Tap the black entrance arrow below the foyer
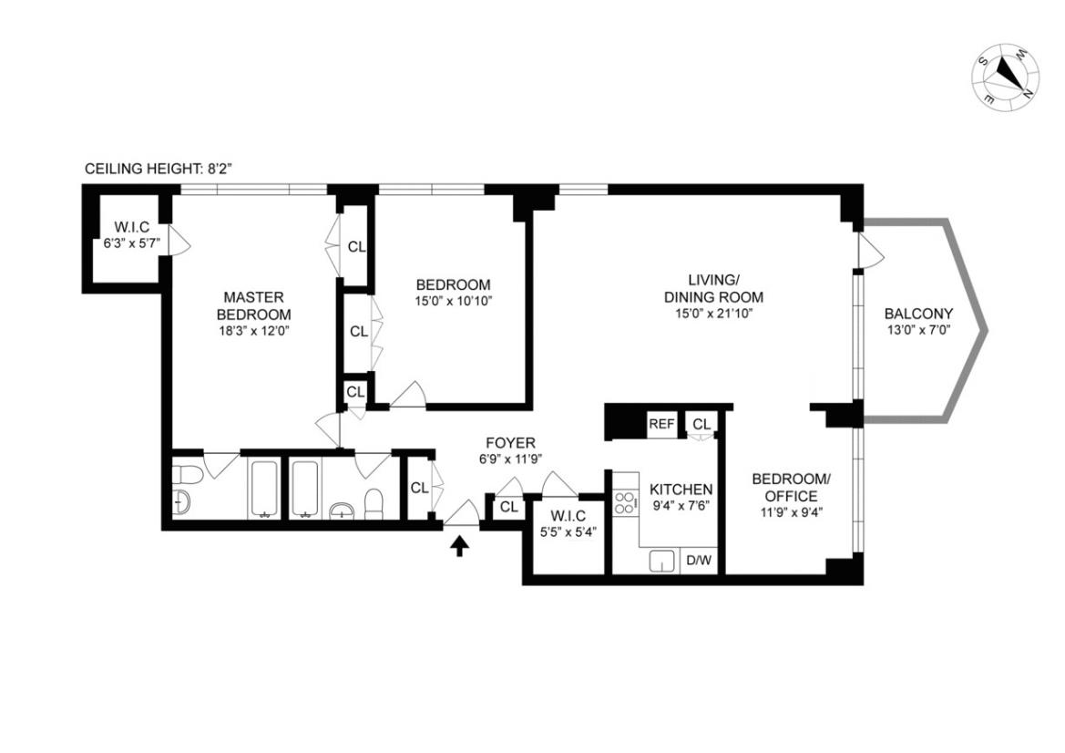click(x=460, y=544)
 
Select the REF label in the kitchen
click(x=661, y=424)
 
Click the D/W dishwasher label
click(x=699, y=560)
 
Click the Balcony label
click(x=918, y=314)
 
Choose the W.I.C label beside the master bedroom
click(x=132, y=228)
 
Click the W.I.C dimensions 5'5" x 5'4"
click(x=568, y=532)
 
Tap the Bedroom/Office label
click(x=792, y=488)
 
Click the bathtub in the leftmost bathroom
click(x=263, y=489)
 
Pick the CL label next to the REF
click(x=701, y=424)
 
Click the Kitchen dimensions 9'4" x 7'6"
click(x=681, y=505)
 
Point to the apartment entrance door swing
click(x=463, y=512)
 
